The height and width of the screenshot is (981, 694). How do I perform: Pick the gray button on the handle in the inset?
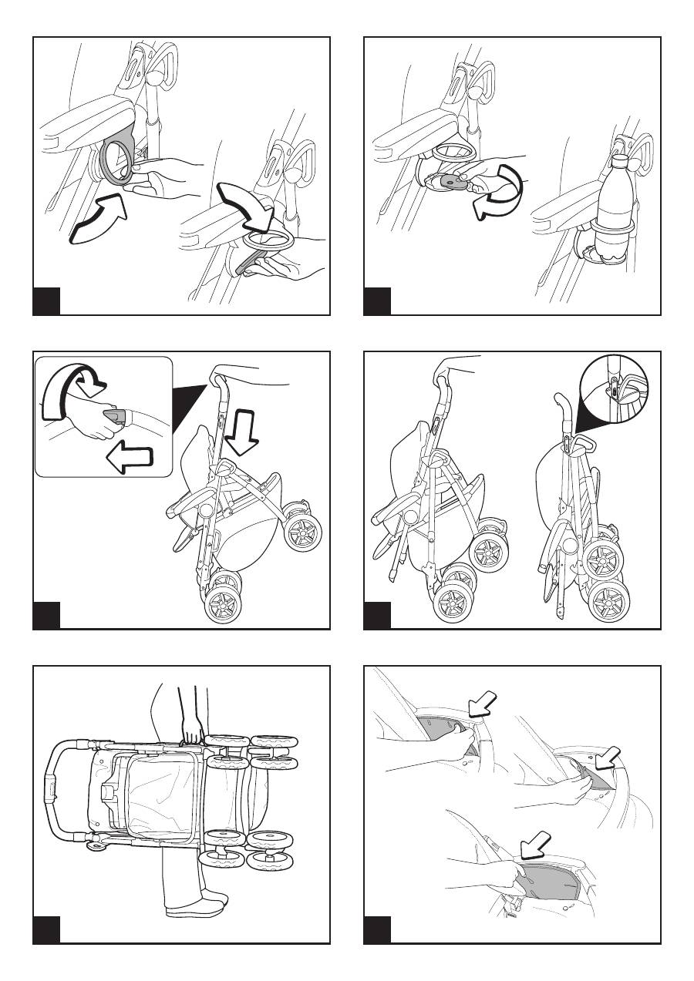115,417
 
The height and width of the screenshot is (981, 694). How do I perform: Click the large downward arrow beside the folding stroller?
247,432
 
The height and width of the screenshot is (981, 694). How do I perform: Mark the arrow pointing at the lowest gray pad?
537,844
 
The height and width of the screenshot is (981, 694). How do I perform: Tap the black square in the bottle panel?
377,301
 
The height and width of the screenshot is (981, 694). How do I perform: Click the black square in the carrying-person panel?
46,930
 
